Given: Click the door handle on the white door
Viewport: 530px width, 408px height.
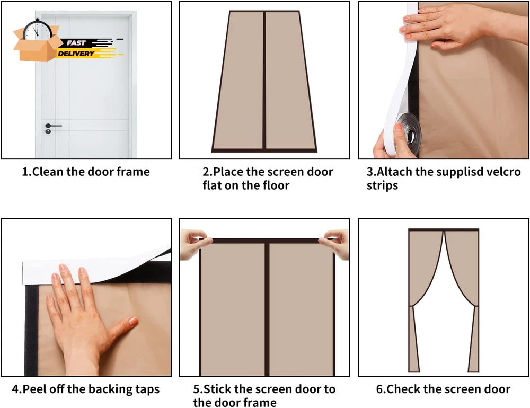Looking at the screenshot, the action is pos(53,126).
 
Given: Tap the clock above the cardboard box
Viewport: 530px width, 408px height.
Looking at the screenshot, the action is pos(38,30).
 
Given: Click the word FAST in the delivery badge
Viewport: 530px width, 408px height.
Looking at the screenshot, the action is pos(76,43).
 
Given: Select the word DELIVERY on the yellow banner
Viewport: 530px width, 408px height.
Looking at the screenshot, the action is pos(76,54).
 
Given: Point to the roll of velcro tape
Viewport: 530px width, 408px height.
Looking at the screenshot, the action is pos(408,133).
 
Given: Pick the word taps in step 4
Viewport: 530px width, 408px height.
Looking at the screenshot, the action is pos(147,389).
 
